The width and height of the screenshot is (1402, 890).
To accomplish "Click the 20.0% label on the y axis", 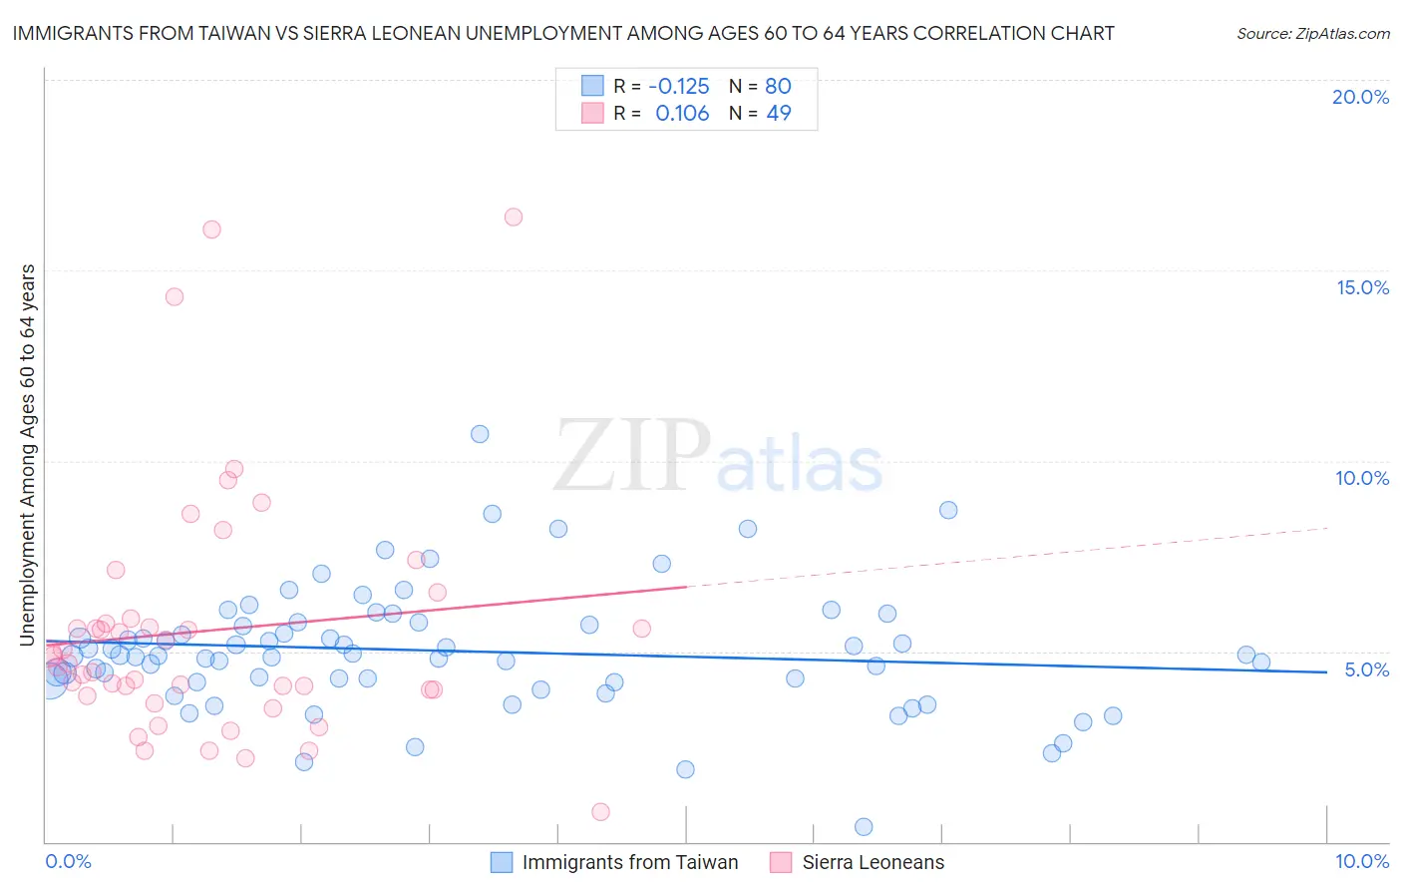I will click(x=1360, y=97).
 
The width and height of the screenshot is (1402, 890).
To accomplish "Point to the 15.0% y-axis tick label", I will click(x=1362, y=287).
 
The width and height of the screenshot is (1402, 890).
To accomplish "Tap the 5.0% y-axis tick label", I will click(x=1366, y=669).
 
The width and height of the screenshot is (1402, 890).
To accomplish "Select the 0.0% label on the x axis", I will click(x=68, y=861).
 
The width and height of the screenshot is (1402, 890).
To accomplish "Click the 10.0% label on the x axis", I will click(x=1361, y=861).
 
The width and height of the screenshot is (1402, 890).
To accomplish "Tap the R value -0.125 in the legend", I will click(x=678, y=87).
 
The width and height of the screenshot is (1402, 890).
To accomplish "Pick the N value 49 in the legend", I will click(x=779, y=114).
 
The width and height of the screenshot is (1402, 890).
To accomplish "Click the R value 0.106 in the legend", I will click(x=682, y=114).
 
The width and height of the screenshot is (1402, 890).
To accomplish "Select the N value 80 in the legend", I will click(x=778, y=87).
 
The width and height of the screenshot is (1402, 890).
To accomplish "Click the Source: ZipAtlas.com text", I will click(x=1312, y=34).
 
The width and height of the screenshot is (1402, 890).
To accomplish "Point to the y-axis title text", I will click(x=28, y=454).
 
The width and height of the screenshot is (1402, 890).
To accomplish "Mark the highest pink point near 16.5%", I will click(x=514, y=217).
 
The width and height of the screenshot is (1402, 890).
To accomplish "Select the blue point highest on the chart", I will click(x=480, y=434).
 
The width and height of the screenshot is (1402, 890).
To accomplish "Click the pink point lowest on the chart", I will click(x=600, y=812).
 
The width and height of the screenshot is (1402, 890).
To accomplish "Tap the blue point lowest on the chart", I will click(x=864, y=827).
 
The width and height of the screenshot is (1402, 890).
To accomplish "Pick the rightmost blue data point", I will click(x=1261, y=662).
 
